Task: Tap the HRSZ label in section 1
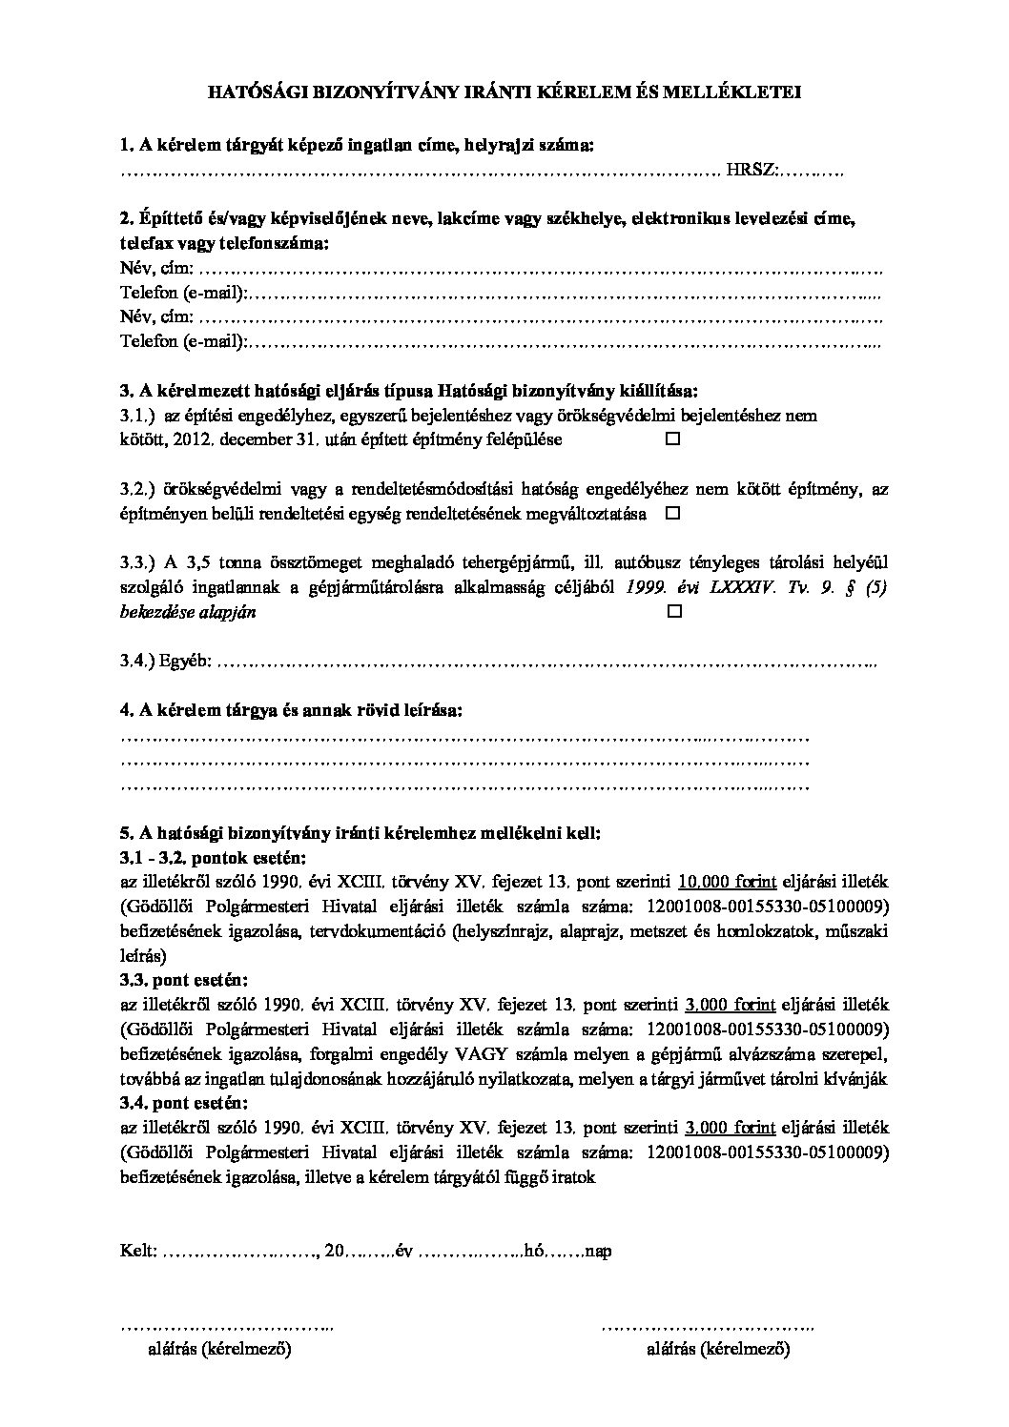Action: point(752,171)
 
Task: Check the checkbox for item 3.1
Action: point(672,440)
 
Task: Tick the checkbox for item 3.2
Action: point(672,514)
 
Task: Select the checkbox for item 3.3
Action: point(672,613)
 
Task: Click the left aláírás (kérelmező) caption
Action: point(218,1350)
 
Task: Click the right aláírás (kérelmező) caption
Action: point(718,1350)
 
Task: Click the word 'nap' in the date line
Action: point(598,1251)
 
